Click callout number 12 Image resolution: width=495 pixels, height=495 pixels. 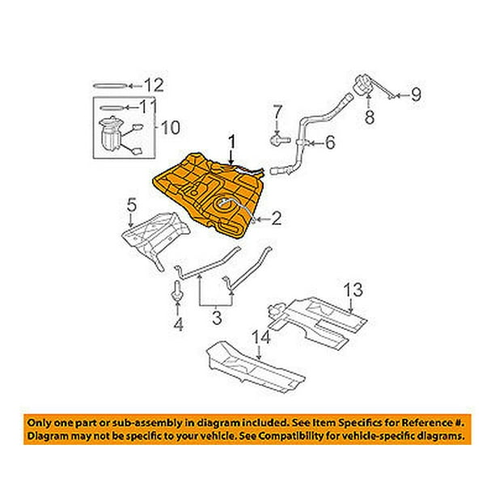[154, 84]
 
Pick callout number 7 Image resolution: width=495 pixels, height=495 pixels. [277, 110]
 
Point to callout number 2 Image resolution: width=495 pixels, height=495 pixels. [277, 217]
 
